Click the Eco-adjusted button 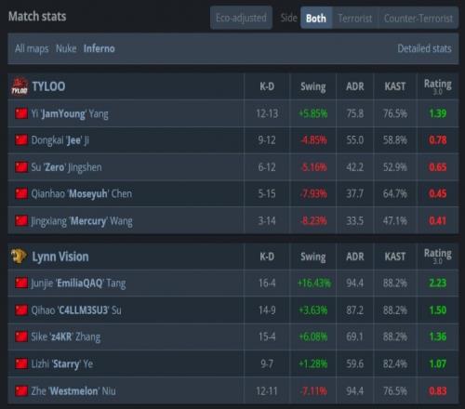point(241,18)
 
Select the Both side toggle point(316,19)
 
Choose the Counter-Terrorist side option point(418,19)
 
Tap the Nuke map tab point(66,48)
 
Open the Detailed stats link point(424,48)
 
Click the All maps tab point(32,48)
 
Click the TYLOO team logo point(20,86)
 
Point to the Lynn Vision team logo point(19,257)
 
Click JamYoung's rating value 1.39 point(438,113)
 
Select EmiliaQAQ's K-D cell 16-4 point(267,283)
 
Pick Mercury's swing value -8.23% point(313,221)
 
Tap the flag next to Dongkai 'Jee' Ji point(21,140)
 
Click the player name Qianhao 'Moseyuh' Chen point(82,194)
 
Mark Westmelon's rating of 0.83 point(438,391)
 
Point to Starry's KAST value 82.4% point(395,363)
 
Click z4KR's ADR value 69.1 point(355,336)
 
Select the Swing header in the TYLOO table point(313,86)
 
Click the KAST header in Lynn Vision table point(395,257)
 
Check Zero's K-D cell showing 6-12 point(267,167)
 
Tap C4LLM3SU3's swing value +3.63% point(313,310)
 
